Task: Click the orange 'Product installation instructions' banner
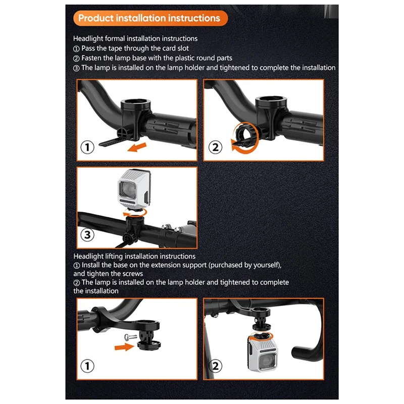(150, 18)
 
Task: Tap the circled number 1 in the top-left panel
(87, 147)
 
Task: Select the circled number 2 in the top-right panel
(215, 147)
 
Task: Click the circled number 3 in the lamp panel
(87, 235)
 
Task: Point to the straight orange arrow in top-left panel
(137, 147)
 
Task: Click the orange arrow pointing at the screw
(124, 347)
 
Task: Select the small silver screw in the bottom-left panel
(130, 336)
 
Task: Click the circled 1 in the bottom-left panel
(87, 366)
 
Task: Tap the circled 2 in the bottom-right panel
(215, 366)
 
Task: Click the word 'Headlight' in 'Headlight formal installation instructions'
(88, 39)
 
